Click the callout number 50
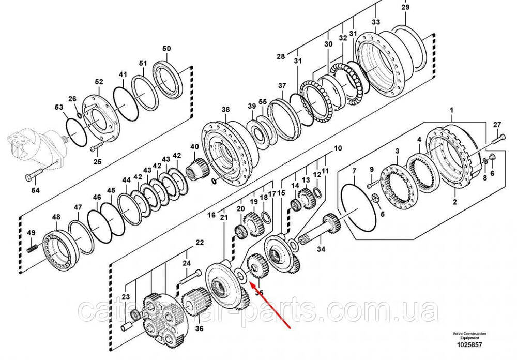(166, 49)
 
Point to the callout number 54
(35, 191)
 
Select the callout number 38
(225, 110)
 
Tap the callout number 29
(405, 7)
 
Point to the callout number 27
(497, 125)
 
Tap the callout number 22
(199, 242)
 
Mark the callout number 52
(99, 82)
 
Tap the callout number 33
(375, 22)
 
